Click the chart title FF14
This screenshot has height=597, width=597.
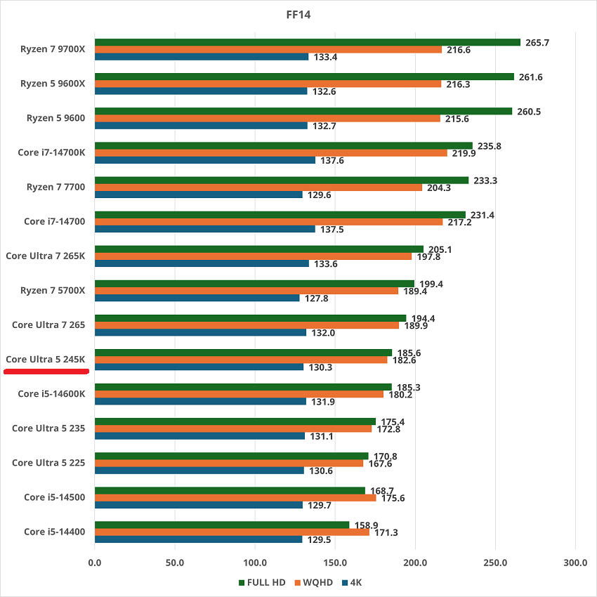click(x=298, y=13)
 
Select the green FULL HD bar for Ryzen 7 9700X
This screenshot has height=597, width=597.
click(x=308, y=42)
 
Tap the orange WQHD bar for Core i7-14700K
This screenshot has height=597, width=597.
click(x=271, y=153)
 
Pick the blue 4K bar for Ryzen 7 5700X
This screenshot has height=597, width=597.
click(x=197, y=298)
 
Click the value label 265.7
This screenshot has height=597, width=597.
click(x=537, y=43)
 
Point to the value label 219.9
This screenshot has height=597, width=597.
click(x=464, y=153)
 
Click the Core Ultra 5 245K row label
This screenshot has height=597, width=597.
click(x=46, y=359)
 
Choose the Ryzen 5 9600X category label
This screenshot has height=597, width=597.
click(x=53, y=84)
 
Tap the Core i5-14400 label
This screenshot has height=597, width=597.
click(x=54, y=531)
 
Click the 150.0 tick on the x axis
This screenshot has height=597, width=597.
click(x=335, y=563)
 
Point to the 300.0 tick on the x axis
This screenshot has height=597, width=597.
click(x=575, y=563)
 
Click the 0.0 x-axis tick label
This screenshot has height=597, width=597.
click(x=95, y=563)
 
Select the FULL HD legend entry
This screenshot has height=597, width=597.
click(x=262, y=582)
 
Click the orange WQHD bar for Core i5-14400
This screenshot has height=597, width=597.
click(x=232, y=532)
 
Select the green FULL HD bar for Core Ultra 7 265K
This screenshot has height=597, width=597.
click(x=259, y=249)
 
